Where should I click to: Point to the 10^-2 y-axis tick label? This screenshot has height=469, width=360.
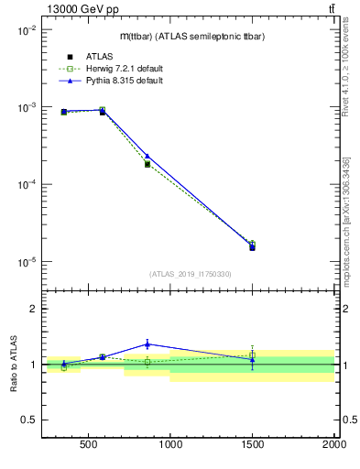point(25,29)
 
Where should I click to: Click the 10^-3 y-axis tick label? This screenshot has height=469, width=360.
point(25,107)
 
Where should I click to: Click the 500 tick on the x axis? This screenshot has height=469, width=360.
point(89,446)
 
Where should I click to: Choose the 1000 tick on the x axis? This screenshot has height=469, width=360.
point(170,446)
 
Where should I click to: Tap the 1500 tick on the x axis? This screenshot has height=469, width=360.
point(252,446)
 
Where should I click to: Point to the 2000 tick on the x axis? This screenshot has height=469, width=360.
point(333,446)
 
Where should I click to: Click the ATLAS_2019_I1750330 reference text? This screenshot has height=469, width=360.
point(190,274)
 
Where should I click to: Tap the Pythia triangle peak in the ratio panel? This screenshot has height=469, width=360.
point(147,344)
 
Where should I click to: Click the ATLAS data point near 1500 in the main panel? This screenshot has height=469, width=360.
point(252,247)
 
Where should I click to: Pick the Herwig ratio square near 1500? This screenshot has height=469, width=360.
point(252,354)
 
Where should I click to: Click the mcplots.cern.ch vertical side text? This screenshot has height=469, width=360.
point(349,211)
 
